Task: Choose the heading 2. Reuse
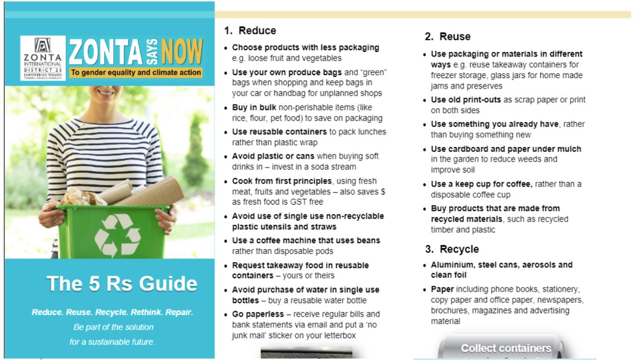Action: [x=447, y=36]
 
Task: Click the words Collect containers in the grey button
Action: [x=506, y=348]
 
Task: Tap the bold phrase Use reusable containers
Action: [x=272, y=132]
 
